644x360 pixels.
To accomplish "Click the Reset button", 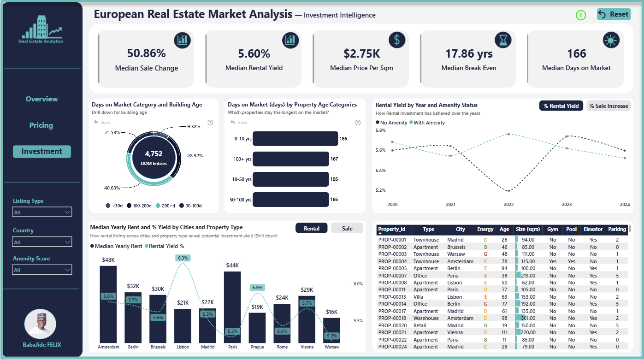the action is pyautogui.click(x=614, y=14).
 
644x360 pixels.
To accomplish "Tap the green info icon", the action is pyautogui.click(x=581, y=15).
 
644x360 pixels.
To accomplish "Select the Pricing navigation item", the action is pyautogui.click(x=41, y=125).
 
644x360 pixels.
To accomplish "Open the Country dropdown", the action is pyautogui.click(x=42, y=242).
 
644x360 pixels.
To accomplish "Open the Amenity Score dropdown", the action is pyautogui.click(x=42, y=270).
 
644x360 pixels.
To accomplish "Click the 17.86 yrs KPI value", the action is pyautogui.click(x=469, y=53).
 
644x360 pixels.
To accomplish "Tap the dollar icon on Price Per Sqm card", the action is pyautogui.click(x=397, y=40).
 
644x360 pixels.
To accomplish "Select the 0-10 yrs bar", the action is pyautogui.click(x=295, y=139).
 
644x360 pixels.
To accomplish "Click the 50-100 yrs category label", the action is pyautogui.click(x=240, y=200).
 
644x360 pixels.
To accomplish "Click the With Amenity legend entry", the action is pyautogui.click(x=427, y=123).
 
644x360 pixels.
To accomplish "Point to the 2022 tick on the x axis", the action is pyautogui.click(x=508, y=205).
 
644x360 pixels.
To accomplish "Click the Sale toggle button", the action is pyautogui.click(x=347, y=228).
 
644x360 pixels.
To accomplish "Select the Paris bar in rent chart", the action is pyautogui.click(x=232, y=307).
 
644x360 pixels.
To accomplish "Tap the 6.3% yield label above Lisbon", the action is pyautogui.click(x=183, y=258).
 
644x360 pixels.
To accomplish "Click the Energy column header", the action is pyautogui.click(x=485, y=229).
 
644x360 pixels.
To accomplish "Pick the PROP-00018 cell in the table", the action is pyautogui.click(x=392, y=318).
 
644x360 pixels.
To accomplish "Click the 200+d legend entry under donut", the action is pyautogui.click(x=165, y=206).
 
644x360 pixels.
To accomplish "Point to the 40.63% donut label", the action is pyautogui.click(x=112, y=188).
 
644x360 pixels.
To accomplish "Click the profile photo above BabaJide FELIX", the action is pyautogui.click(x=40, y=324).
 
